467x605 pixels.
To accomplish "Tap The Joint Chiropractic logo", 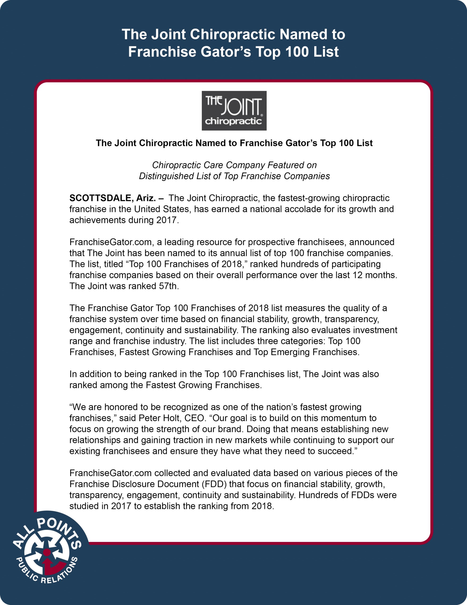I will pos(234,111).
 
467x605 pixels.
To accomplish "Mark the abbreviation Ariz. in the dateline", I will pos(146,198).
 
